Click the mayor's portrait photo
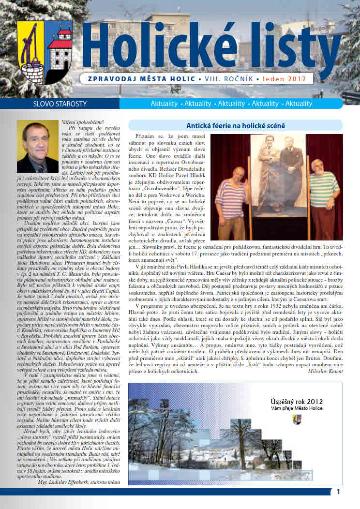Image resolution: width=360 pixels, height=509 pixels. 37,146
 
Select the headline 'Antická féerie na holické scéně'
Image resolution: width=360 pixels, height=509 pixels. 236,126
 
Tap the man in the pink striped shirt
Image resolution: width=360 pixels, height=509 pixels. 234,198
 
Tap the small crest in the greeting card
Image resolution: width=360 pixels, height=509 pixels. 296,419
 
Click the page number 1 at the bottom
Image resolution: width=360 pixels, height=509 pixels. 339,492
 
